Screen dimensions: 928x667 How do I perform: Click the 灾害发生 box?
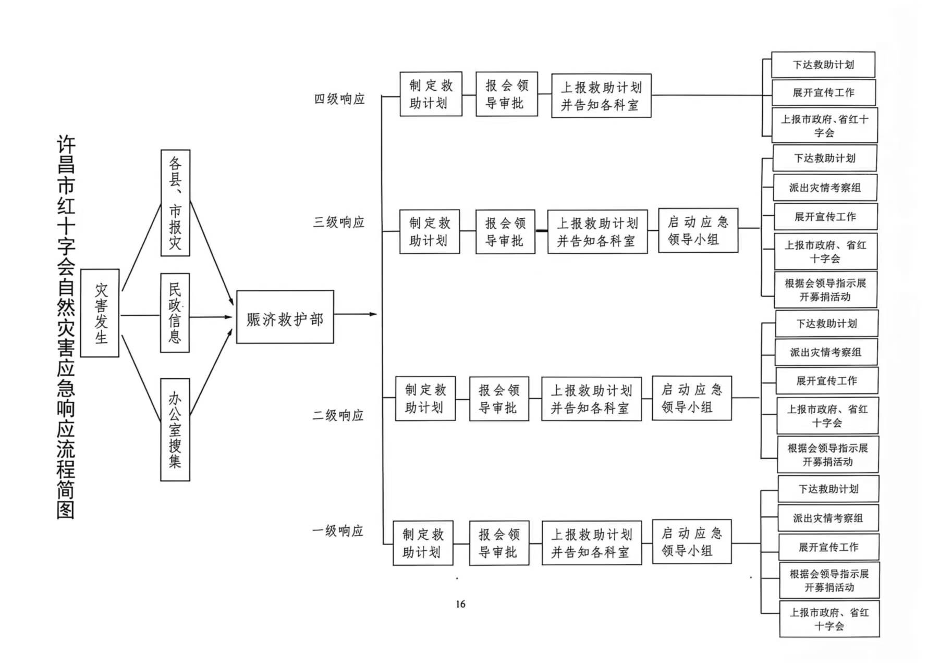[100, 313]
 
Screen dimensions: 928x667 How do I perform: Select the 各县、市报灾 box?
[175, 203]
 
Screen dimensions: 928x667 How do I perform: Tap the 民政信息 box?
[175, 313]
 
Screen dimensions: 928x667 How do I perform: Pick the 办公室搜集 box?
[175, 429]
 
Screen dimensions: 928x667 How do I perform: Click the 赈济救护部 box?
[285, 317]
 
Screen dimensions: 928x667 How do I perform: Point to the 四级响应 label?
[339, 99]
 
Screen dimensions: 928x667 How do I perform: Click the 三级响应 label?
[339, 223]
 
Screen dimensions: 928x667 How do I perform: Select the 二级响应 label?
[338, 415]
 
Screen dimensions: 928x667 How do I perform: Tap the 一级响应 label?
[338, 531]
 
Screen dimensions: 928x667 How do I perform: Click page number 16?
[460, 604]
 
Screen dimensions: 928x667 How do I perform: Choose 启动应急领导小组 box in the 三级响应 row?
[698, 230]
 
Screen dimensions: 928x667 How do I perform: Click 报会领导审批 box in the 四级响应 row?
[507, 94]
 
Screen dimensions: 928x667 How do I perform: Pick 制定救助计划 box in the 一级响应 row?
[423, 543]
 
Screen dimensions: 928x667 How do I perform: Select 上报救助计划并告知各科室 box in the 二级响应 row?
[592, 399]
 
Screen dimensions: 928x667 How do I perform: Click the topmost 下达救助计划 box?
[823, 65]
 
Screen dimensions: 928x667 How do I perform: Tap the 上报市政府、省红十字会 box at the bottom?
[829, 619]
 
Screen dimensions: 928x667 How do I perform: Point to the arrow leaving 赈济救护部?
[356, 314]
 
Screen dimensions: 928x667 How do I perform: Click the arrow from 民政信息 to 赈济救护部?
[211, 316]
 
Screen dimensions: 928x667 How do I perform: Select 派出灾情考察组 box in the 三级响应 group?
[825, 188]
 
